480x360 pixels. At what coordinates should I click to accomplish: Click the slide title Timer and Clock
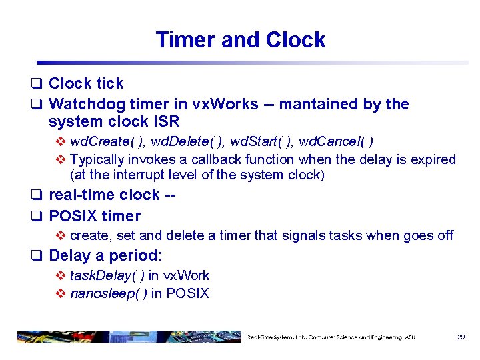[240, 40]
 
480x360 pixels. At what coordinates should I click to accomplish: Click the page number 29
[461, 337]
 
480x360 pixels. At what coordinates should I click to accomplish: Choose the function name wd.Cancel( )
[336, 141]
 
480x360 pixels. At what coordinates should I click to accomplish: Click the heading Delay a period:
[106, 255]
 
